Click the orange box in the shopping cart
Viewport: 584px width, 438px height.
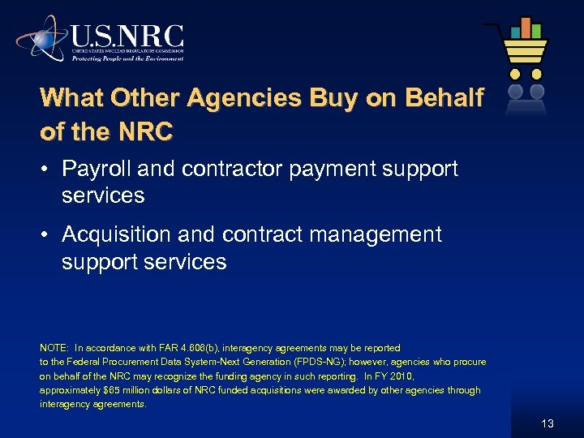point(514,30)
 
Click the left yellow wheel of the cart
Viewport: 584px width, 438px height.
point(514,74)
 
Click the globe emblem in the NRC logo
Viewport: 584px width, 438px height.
point(41,38)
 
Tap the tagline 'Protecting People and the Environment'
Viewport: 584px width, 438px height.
point(127,58)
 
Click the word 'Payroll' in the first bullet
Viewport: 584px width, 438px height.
point(95,169)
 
